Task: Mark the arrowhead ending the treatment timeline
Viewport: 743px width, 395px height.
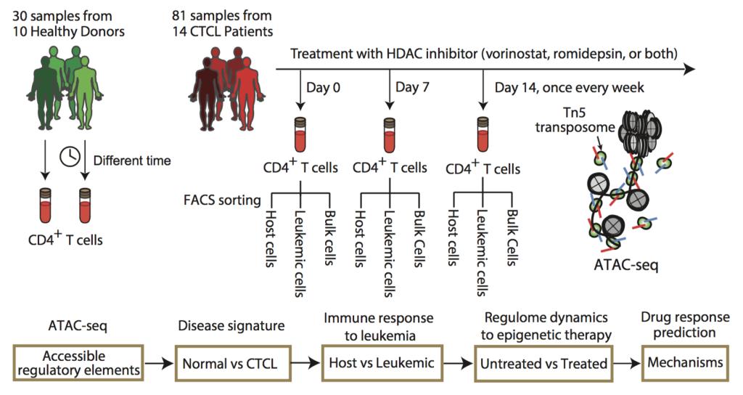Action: (x=689, y=68)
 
